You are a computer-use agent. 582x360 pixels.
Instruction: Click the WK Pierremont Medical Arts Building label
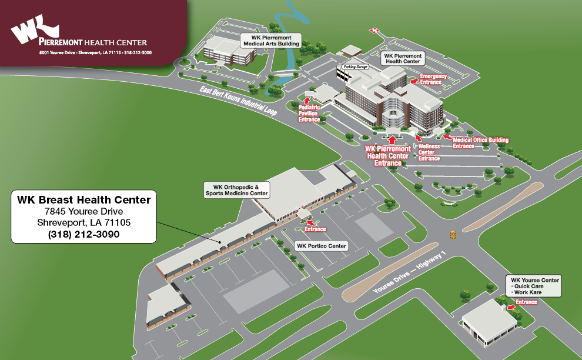(x=272, y=40)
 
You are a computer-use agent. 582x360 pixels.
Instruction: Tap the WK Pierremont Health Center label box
(x=403, y=58)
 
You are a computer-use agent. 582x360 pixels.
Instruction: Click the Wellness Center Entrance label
(x=429, y=152)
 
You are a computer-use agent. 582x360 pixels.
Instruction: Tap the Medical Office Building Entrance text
(x=481, y=142)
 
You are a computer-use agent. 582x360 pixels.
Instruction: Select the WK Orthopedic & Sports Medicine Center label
(x=236, y=189)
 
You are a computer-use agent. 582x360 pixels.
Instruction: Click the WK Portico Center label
(x=322, y=246)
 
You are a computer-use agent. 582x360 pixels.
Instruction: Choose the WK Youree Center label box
(x=535, y=286)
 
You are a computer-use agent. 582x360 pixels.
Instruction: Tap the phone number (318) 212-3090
(x=83, y=234)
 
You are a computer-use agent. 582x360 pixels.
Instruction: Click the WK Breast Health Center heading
(x=83, y=200)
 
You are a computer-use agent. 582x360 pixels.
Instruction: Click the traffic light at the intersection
(x=452, y=234)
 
